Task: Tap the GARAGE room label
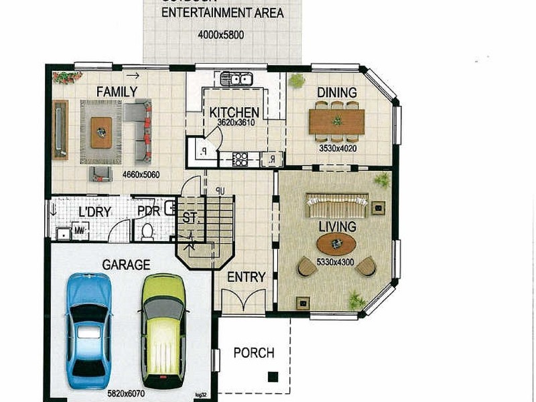125,265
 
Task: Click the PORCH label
254,352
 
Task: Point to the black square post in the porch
272,377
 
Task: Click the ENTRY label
246,277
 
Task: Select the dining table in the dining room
336,121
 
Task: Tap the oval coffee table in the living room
336,243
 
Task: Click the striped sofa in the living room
337,204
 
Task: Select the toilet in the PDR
147,230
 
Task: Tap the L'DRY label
94,212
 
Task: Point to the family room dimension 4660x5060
142,175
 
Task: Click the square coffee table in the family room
101,131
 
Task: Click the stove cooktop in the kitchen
241,159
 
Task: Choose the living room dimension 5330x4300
337,261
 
